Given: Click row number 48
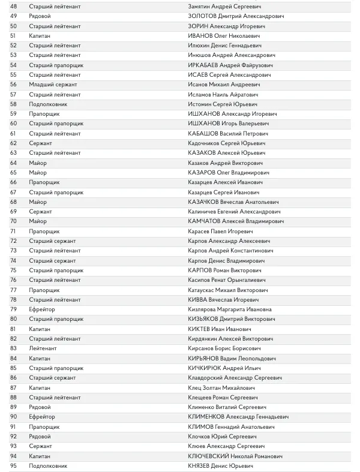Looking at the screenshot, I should pyautogui.click(x=14, y=6).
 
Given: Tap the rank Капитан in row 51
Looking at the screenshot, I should pyautogui.click(x=40, y=35).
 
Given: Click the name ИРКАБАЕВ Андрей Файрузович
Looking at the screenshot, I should pyautogui.click(x=230, y=65).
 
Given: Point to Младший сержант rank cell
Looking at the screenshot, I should pyautogui.click(x=53, y=85).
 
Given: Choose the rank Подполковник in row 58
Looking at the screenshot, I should pyautogui.click(x=48, y=104).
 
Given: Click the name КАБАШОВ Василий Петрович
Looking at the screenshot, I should pyautogui.click(x=227, y=133).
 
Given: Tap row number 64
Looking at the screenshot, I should pyautogui.click(x=14, y=163).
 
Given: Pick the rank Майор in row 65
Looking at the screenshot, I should pyautogui.click(x=38, y=172).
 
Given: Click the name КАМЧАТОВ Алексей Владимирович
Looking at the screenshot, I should pyautogui.click(x=236, y=221).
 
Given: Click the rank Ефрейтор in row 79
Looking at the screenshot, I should pyautogui.click(x=42, y=309).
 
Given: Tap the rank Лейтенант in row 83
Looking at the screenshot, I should pyautogui.click(x=43, y=348).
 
